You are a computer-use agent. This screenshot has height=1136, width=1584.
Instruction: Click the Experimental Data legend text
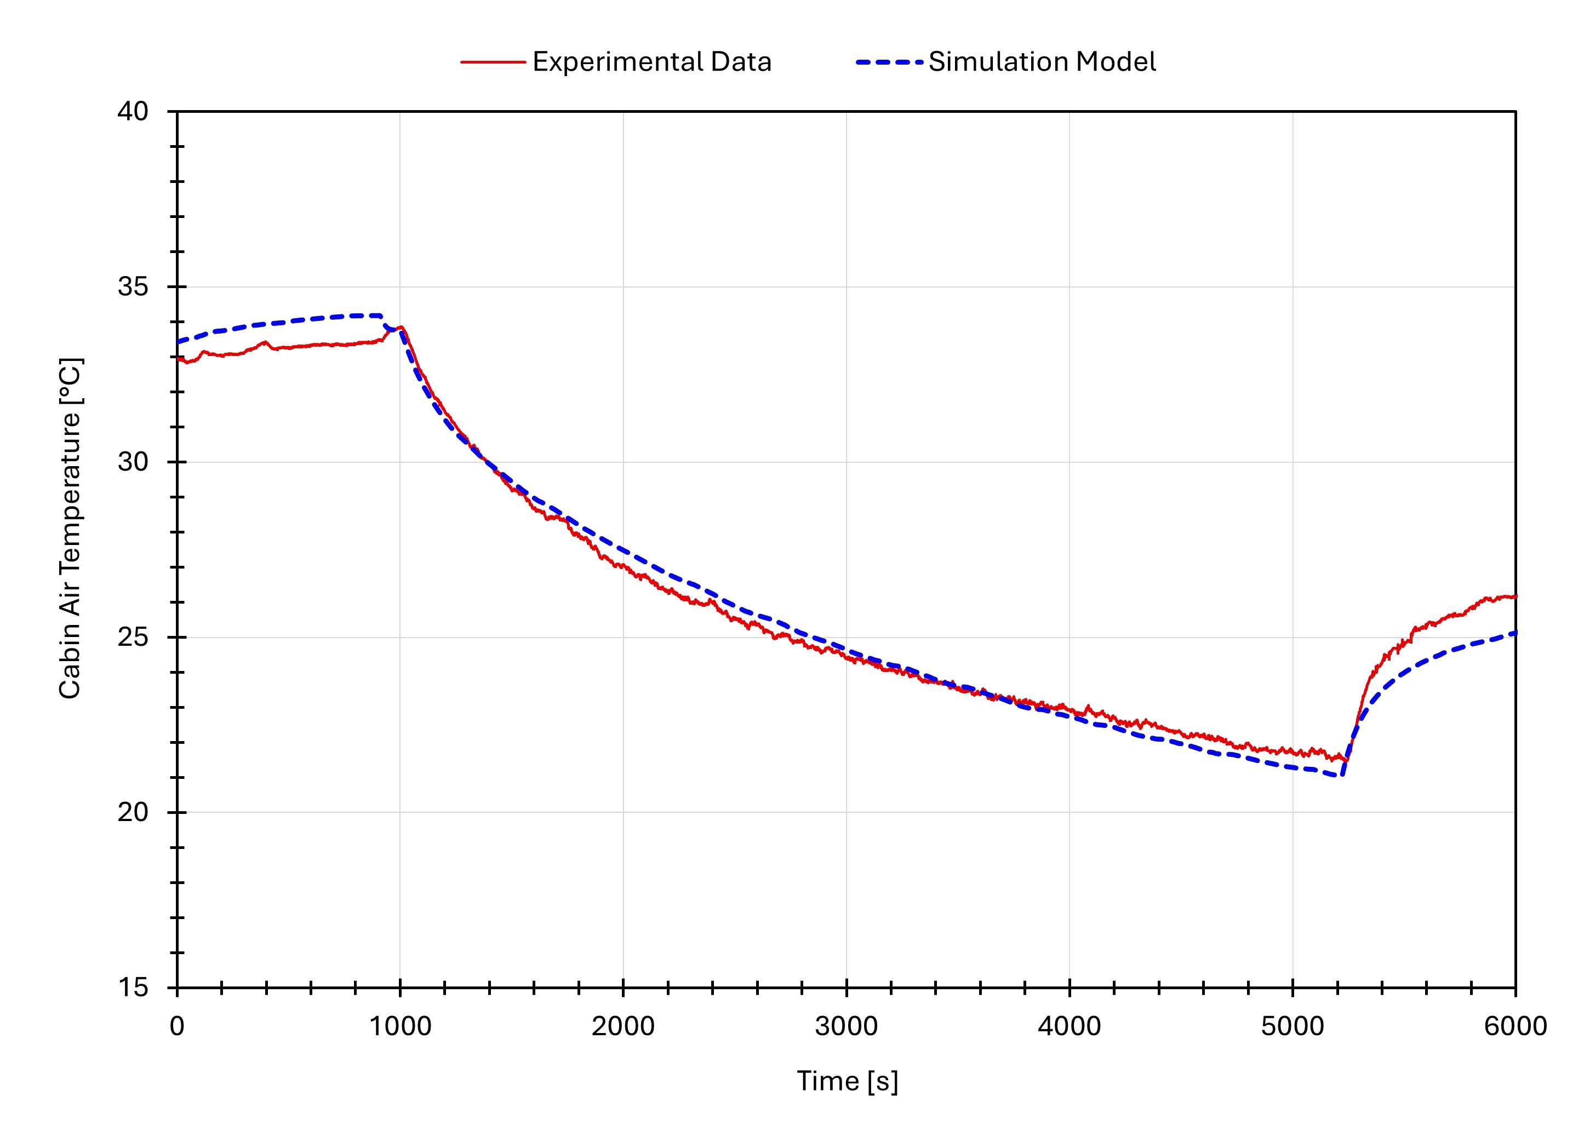click(651, 62)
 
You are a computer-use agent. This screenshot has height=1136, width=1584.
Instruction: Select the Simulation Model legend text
click(1042, 62)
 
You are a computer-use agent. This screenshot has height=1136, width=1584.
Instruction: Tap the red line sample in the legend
click(493, 62)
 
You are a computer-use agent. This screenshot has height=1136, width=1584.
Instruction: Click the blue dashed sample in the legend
click(889, 62)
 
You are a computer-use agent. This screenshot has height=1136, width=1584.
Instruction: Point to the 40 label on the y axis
click(133, 112)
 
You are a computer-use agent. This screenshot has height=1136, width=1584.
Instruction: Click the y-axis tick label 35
click(133, 287)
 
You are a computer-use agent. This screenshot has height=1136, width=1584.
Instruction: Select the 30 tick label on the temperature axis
click(133, 462)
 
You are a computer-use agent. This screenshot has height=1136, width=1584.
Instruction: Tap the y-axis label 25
click(133, 638)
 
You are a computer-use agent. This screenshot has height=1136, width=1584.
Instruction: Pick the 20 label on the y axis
click(133, 813)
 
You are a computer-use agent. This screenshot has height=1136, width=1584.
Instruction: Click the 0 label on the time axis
click(178, 1026)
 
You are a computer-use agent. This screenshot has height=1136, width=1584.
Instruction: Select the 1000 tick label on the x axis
click(400, 1026)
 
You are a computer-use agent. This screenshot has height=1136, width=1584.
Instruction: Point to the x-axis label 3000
click(847, 1026)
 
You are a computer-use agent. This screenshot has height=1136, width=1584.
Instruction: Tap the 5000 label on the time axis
click(1293, 1026)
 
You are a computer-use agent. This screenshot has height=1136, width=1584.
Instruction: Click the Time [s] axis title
click(847, 1082)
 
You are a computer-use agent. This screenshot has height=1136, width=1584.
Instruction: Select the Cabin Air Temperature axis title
click(70, 529)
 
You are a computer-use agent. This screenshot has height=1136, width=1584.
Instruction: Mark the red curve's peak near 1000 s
click(402, 327)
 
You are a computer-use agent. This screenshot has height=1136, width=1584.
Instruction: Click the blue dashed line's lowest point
click(1341, 775)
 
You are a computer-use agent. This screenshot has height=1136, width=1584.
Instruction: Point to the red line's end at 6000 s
click(1515, 596)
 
